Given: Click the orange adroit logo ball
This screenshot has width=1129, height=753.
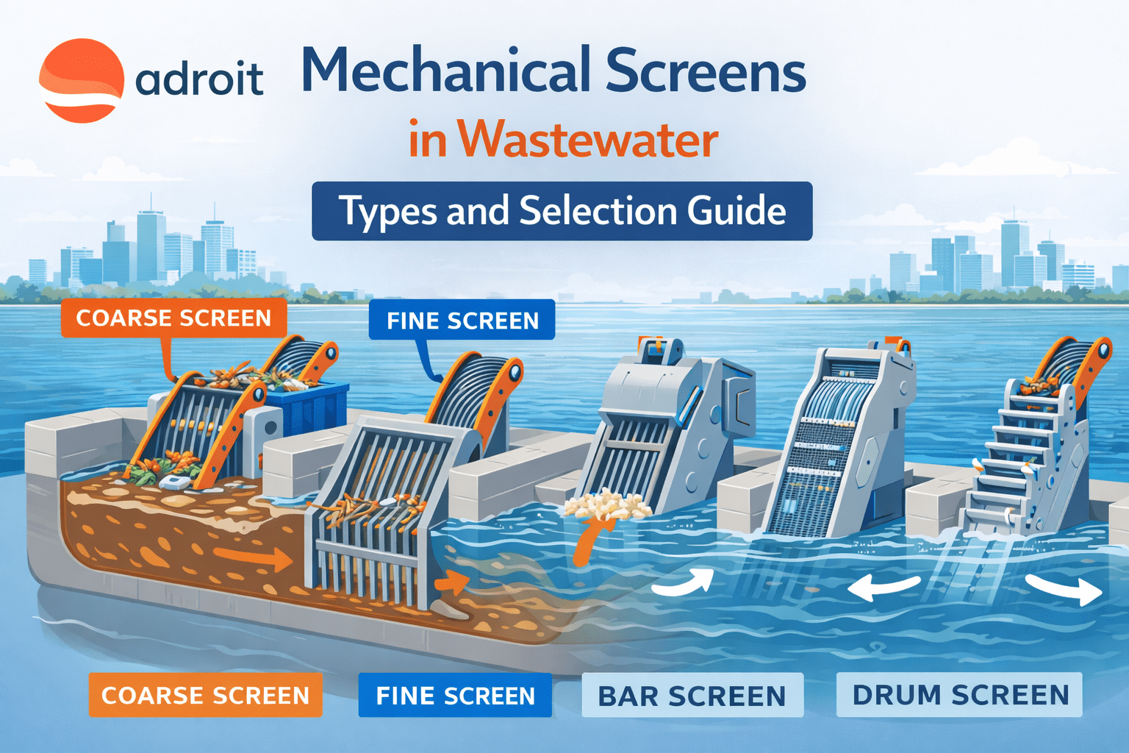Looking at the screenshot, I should pyautogui.click(x=81, y=80).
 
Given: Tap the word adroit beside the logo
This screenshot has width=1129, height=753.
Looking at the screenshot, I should pyautogui.click(x=199, y=79).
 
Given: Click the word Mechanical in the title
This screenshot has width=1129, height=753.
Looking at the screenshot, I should pyautogui.click(x=440, y=71).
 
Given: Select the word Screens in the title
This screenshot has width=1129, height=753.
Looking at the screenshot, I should pyautogui.click(x=706, y=71).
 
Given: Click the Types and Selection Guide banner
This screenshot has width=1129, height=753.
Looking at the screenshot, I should pyautogui.click(x=562, y=211).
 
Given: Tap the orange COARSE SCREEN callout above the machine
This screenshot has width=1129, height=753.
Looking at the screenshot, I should pyautogui.click(x=173, y=318).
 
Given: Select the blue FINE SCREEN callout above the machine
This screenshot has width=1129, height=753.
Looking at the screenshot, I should pyautogui.click(x=462, y=320).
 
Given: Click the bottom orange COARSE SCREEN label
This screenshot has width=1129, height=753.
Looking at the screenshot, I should pyautogui.click(x=205, y=695).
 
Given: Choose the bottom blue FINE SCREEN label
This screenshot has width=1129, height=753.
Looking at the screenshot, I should pyautogui.click(x=455, y=695).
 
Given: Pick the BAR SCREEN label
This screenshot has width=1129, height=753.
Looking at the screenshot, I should pyautogui.click(x=692, y=696).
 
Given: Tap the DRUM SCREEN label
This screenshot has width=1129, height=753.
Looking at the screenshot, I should pyautogui.click(x=959, y=695).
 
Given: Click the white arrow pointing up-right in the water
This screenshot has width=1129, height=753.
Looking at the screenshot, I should pyautogui.click(x=684, y=582).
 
